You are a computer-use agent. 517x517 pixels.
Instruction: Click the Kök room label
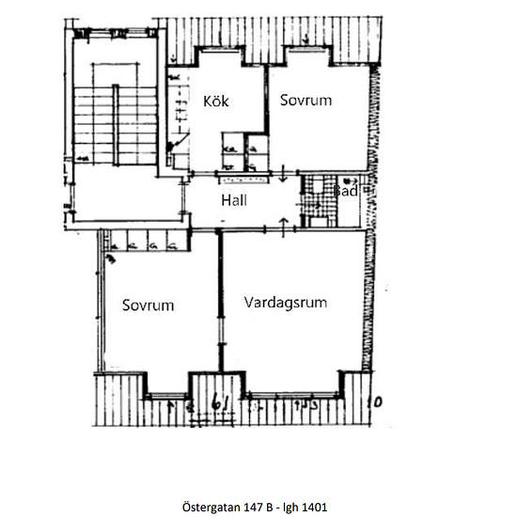pyautogui.click(x=216, y=101)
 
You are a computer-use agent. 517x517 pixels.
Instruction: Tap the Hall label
pyautogui.click(x=235, y=200)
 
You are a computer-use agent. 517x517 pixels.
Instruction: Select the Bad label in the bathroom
pyautogui.click(x=345, y=191)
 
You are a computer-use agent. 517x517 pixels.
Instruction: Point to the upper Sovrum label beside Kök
pyautogui.click(x=305, y=100)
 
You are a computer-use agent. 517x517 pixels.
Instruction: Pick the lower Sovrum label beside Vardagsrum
pyautogui.click(x=149, y=305)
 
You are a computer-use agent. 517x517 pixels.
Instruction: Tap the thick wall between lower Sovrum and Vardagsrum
pyautogui.click(x=221, y=301)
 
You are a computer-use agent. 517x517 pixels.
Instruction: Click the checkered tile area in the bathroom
pyautogui.click(x=312, y=199)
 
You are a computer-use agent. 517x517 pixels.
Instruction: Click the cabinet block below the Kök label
pyautogui.click(x=243, y=149)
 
